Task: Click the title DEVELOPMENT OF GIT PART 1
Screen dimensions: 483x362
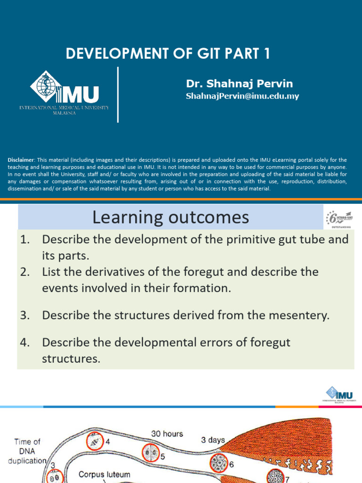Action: tap(168, 54)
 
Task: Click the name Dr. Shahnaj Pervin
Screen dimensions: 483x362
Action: tap(239, 84)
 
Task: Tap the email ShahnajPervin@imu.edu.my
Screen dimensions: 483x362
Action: tap(242, 96)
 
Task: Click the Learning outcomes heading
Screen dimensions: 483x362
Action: tap(170, 217)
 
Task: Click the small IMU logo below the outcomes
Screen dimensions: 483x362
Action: tap(339, 395)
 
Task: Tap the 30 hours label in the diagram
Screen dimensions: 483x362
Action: tap(167, 433)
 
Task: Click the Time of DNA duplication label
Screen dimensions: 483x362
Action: tap(27, 451)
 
